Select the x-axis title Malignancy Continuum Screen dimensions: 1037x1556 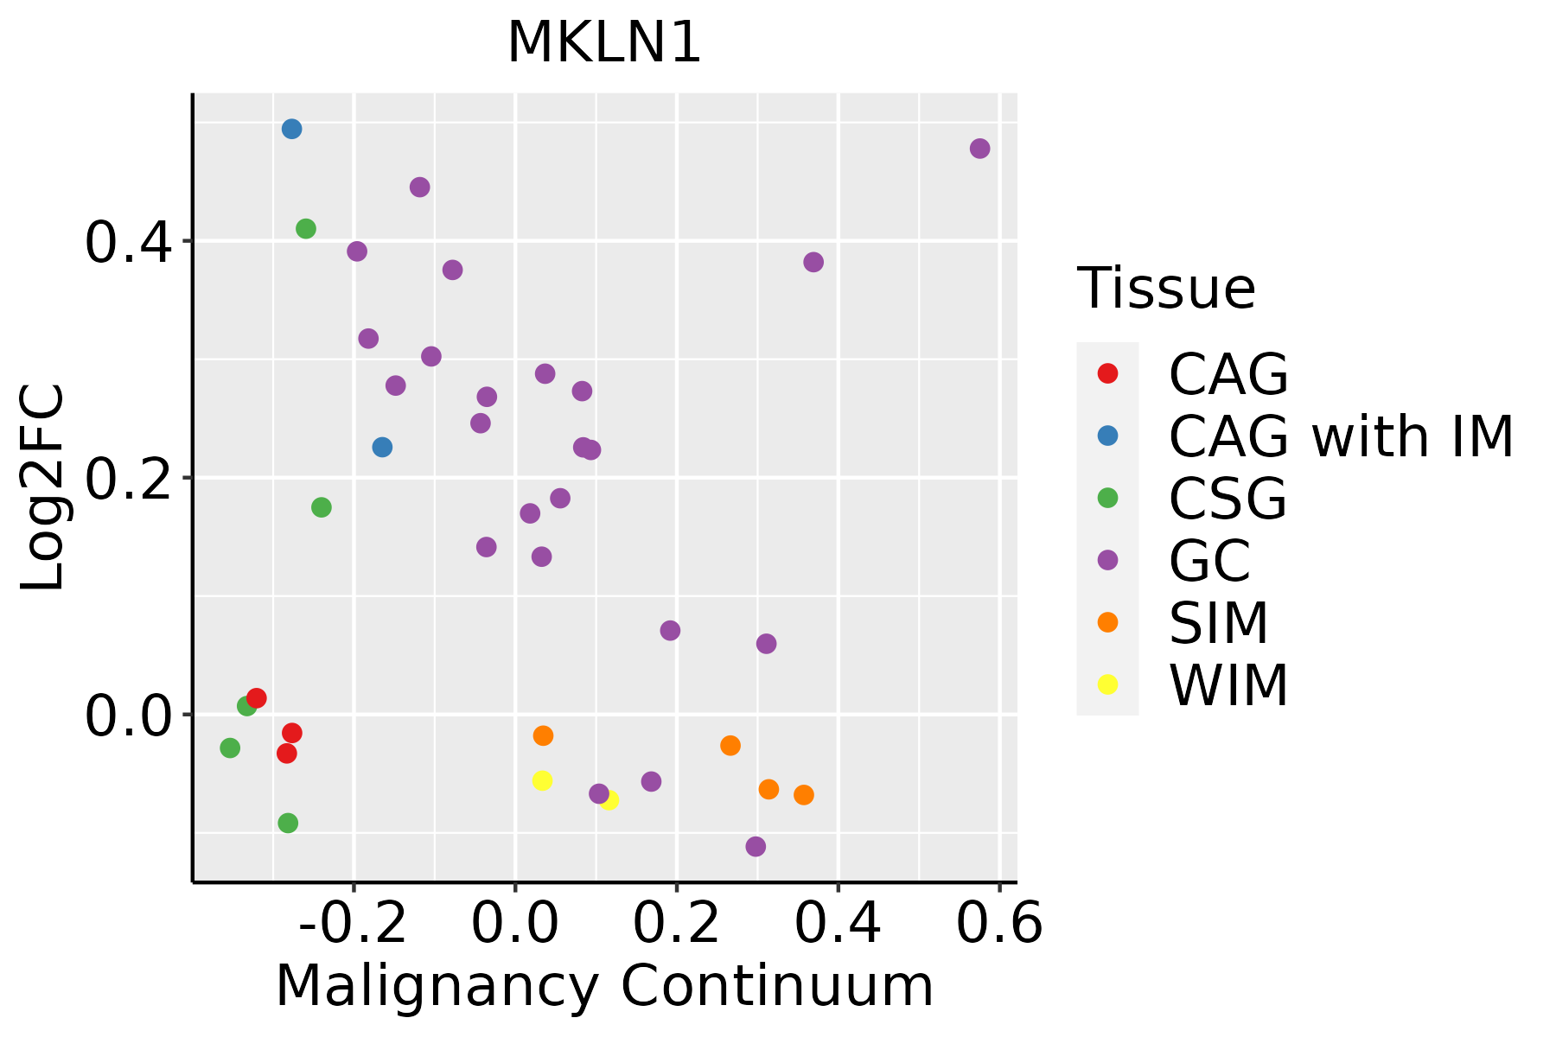coord(604,986)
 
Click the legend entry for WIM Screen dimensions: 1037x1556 coord(1228,685)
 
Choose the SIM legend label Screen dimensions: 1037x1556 coord(1218,623)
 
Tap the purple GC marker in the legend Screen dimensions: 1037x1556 coord(1107,560)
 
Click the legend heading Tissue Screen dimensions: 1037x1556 coord(1166,289)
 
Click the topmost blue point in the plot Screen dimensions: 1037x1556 coord(292,129)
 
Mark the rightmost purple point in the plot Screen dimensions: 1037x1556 coord(979,149)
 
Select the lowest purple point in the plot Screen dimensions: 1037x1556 coord(756,846)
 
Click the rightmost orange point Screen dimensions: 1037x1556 coord(804,795)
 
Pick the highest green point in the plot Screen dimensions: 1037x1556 coord(306,229)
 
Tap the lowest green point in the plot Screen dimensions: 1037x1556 coord(288,823)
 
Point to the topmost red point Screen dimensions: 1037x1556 coord(257,697)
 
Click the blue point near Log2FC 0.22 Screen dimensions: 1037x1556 coord(382,447)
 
